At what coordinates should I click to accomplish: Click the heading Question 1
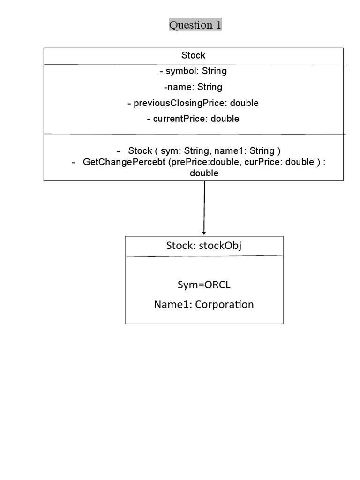point(195,25)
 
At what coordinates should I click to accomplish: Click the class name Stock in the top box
point(193,55)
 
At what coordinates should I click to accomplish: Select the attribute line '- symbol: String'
point(193,71)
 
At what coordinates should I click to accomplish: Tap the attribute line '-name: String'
point(193,87)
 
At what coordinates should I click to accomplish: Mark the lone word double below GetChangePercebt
point(204,173)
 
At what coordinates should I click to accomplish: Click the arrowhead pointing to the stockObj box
point(204,232)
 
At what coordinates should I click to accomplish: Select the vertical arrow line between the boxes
point(204,206)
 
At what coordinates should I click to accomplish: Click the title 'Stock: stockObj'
point(204,246)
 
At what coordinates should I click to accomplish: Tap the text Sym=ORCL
point(204,285)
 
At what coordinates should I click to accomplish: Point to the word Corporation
point(225,305)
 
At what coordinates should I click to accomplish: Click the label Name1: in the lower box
point(173,305)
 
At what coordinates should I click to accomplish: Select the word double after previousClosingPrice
point(244,103)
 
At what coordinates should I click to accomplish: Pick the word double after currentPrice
point(225,119)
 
